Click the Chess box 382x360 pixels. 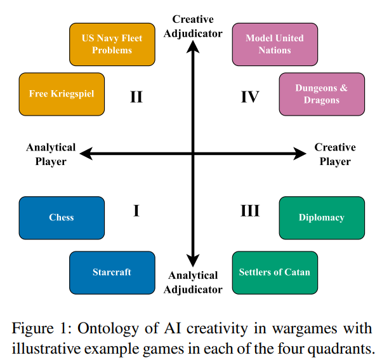62,218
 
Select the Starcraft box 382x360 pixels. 112,272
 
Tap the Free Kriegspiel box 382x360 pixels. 62,94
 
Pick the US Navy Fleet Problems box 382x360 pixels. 112,44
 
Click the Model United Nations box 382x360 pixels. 274,44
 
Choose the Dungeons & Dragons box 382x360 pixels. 322,94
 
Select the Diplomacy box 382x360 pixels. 322,218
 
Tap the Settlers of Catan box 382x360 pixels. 274,272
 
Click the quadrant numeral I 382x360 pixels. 136,211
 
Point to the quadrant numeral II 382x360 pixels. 136,97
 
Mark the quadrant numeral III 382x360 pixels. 250,211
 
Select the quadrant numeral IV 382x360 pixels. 250,97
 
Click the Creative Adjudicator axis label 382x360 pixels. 193,27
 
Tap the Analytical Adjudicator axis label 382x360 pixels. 193,283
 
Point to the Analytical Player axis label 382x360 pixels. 51,154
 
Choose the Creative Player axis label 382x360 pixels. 335,154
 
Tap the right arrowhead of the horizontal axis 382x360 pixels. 301,153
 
